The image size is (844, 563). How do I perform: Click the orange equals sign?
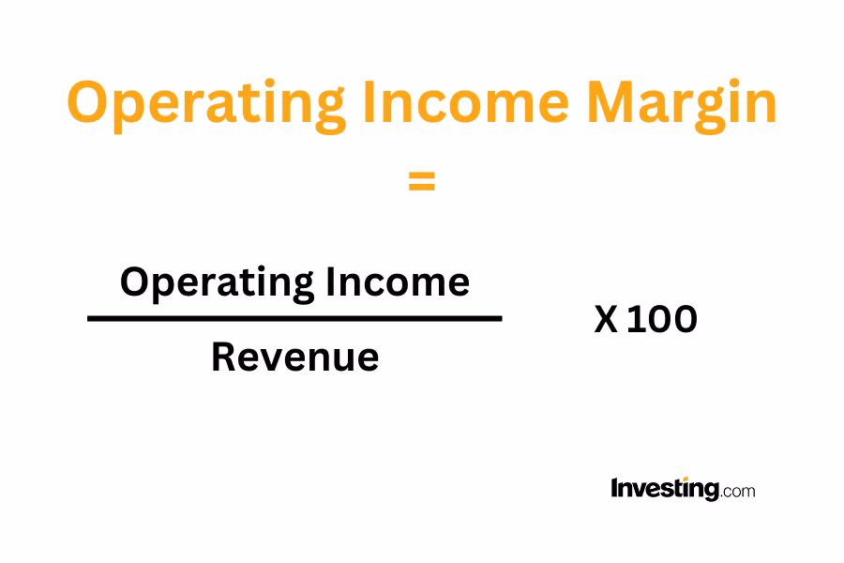(422, 182)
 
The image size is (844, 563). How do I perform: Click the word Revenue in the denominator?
(294, 357)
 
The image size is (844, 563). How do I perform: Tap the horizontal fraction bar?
(294, 319)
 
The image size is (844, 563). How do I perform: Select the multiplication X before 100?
(606, 320)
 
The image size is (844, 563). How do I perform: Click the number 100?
(662, 320)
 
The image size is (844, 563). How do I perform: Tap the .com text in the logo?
(738, 490)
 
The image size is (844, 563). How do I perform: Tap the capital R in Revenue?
(223, 357)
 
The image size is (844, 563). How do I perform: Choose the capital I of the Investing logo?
(614, 488)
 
